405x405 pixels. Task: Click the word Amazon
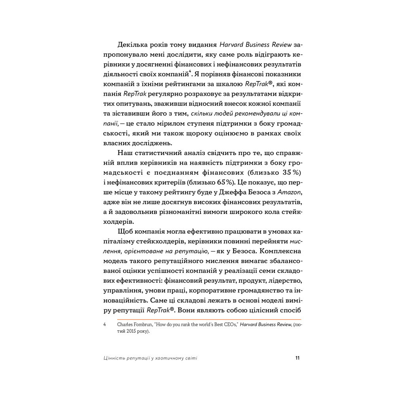click(x=290, y=192)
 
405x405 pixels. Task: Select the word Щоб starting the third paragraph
click(x=123, y=231)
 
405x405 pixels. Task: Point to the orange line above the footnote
click(x=202, y=319)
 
